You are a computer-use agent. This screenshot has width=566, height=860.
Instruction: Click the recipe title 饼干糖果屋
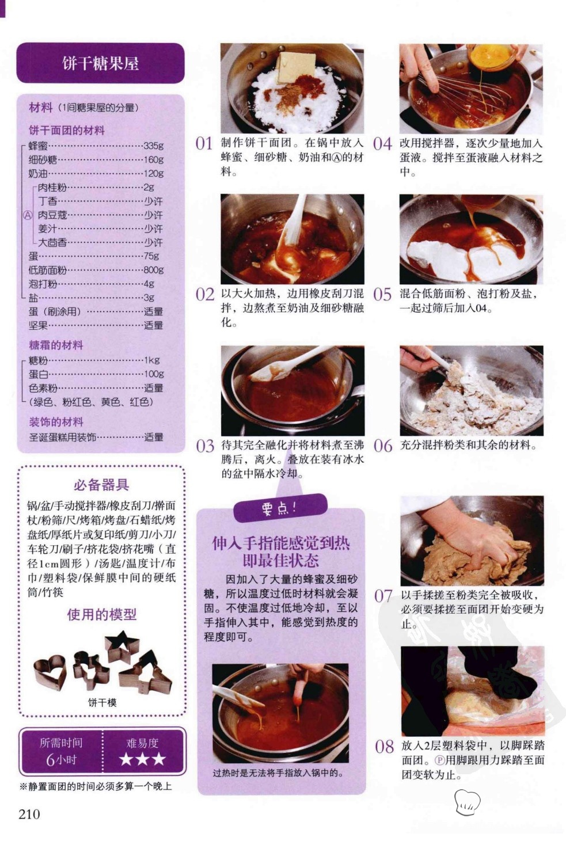pyautogui.click(x=100, y=63)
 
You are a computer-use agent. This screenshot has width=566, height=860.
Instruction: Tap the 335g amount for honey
pyautogui.click(x=154, y=146)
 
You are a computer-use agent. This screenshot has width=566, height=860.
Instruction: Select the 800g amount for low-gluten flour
pyautogui.click(x=154, y=270)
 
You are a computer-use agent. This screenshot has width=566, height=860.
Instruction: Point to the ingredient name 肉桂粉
pyautogui.click(x=52, y=187)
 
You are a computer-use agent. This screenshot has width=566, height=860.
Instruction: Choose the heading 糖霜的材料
pyautogui.click(x=56, y=345)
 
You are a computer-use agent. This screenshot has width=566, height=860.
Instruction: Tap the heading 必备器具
pyautogui.click(x=101, y=485)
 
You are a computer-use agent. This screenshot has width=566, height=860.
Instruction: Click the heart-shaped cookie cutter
pyautogui.click(x=50, y=672)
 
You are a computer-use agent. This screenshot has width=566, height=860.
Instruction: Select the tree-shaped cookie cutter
pyautogui.click(x=146, y=672)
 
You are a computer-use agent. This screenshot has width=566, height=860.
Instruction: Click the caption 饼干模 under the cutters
pyautogui.click(x=102, y=703)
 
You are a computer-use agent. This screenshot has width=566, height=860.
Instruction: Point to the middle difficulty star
pyautogui.click(x=142, y=759)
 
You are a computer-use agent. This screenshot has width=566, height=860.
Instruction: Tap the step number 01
pyautogui.click(x=204, y=144)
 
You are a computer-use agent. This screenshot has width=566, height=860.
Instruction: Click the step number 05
pyautogui.click(x=382, y=295)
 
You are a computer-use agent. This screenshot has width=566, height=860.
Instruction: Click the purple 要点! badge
pyautogui.click(x=280, y=508)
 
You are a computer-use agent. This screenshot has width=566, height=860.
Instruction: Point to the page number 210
pyautogui.click(x=29, y=814)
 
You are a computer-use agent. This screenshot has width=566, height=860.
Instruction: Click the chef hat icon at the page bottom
pyautogui.click(x=468, y=802)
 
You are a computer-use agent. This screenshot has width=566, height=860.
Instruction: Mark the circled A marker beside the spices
pyautogui.click(x=27, y=215)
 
